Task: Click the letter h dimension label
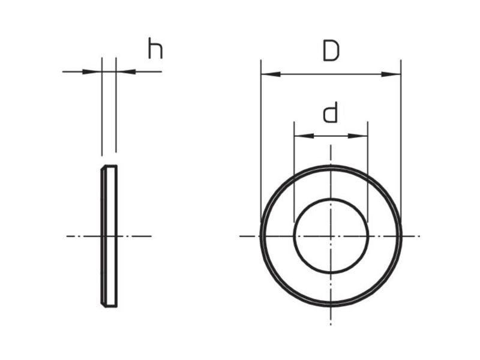point(155,48)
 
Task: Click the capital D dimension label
point(331,51)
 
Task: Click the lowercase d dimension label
point(331,112)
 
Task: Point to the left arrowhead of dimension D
point(271,74)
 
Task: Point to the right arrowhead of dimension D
point(391,74)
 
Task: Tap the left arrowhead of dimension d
point(304,136)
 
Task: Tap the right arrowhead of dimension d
point(358,136)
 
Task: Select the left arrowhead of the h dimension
point(92,71)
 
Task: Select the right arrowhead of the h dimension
point(126,71)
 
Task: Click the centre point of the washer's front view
point(331,236)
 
